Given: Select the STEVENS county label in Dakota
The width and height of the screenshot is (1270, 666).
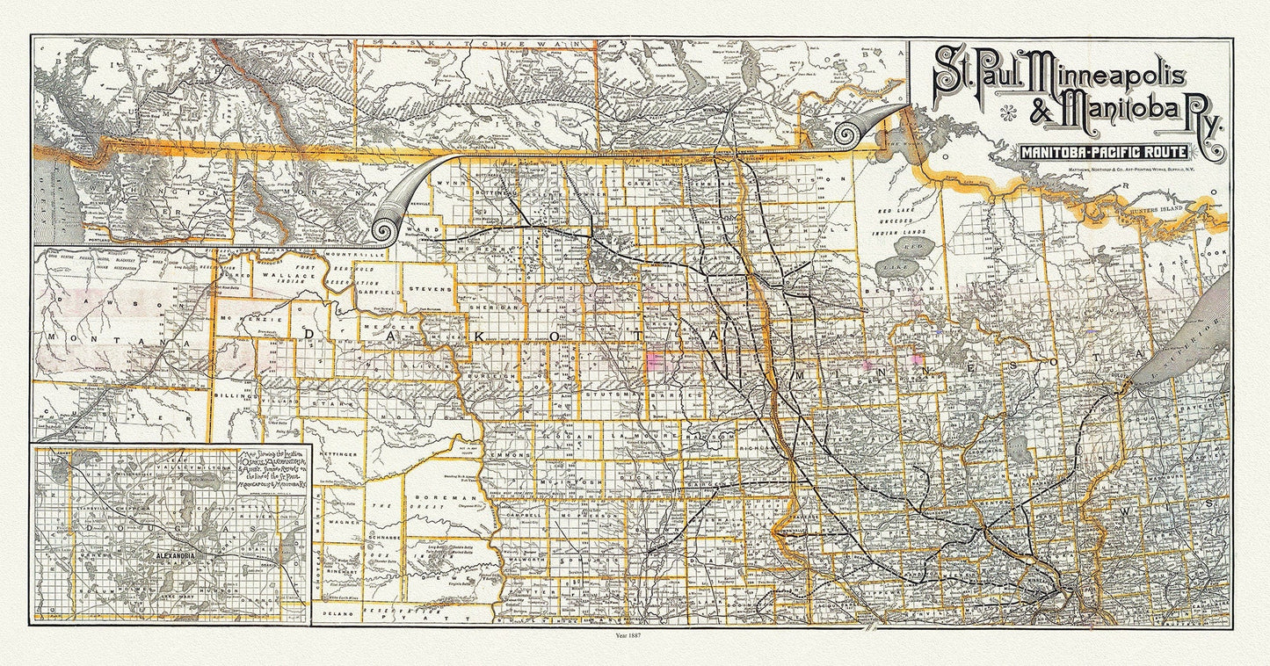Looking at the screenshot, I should [x=430, y=288].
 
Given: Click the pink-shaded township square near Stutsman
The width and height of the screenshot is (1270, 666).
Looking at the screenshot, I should [x=654, y=358].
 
